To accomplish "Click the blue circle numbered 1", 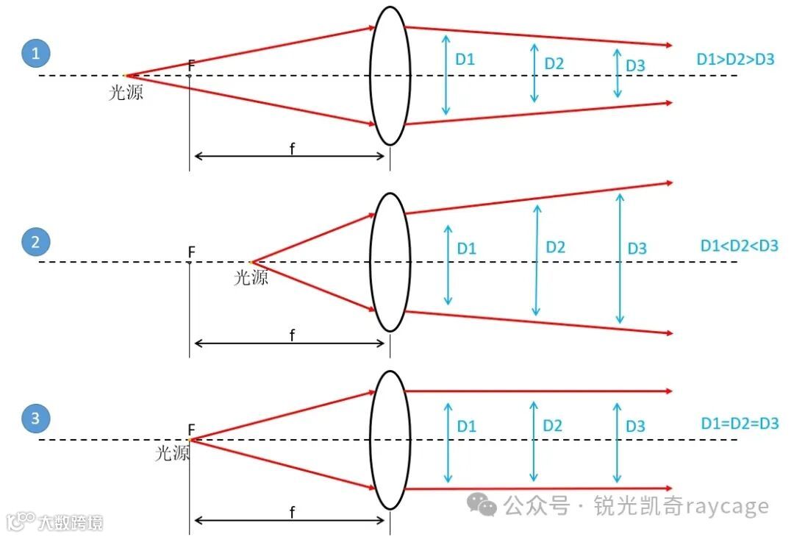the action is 35,54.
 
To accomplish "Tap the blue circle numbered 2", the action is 35,242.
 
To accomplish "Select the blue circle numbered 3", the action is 35,420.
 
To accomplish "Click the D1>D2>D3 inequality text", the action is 735,60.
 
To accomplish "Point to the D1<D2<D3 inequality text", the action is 739,245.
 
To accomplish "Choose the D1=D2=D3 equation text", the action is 739,424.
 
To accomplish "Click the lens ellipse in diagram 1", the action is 389,76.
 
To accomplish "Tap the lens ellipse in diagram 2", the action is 389,262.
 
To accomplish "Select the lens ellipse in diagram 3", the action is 389,440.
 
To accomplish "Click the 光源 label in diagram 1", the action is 126,92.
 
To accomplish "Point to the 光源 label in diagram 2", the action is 251,277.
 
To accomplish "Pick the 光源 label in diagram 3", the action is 172,453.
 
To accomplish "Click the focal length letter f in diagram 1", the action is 292,149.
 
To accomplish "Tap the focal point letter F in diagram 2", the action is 191,252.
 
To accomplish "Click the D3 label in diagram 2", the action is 637,249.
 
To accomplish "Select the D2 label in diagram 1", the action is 554,63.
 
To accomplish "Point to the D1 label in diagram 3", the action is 466,426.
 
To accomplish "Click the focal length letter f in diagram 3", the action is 292,513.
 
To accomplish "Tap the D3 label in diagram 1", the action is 635,65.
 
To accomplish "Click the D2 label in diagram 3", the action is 552,425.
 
